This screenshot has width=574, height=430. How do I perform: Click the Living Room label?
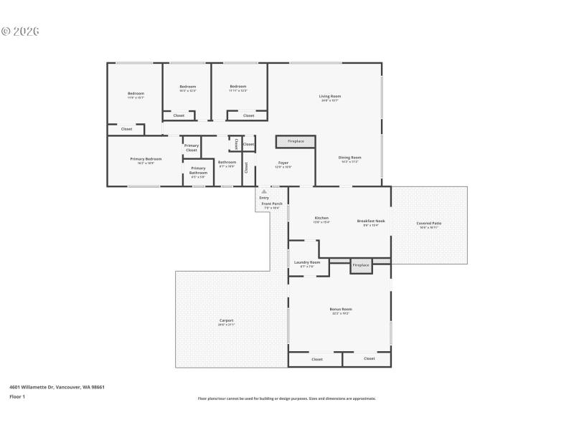click(330, 96)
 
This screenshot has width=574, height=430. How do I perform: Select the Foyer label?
click(283, 163)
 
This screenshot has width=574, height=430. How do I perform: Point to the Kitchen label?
click(321, 218)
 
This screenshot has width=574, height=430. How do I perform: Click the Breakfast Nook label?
click(371, 221)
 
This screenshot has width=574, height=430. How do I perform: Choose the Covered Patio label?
click(429, 223)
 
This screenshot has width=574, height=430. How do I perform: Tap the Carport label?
click(226, 320)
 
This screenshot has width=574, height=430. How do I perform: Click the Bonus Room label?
click(342, 309)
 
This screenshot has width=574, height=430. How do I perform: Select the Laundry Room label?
click(306, 262)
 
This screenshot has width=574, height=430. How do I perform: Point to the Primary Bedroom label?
click(146, 158)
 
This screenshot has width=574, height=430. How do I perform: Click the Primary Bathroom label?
click(198, 171)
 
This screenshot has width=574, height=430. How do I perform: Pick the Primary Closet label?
click(192, 148)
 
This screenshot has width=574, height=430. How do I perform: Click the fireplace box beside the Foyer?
click(296, 141)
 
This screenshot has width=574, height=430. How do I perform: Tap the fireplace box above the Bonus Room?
click(361, 265)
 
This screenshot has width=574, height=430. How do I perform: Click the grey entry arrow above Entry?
click(264, 192)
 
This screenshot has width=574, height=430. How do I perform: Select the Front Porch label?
click(272, 204)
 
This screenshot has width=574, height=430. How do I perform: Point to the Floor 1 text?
click(17, 396)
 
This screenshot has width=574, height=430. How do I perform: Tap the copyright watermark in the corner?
click(19, 32)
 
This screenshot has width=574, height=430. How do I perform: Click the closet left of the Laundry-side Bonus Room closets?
click(316, 359)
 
